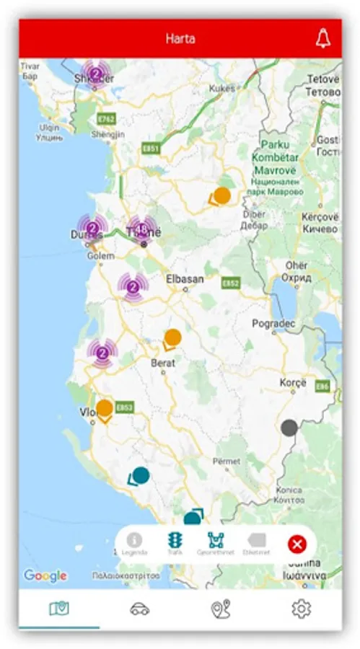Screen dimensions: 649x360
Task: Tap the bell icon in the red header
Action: [322, 39]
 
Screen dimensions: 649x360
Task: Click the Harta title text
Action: [180, 39]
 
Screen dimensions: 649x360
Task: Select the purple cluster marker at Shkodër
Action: [95, 74]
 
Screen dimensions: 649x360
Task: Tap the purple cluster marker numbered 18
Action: [142, 229]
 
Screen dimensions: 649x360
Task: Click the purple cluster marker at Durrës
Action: [93, 229]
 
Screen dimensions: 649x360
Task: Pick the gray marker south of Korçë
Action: [289, 428]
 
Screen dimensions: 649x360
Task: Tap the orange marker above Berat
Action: [172, 337]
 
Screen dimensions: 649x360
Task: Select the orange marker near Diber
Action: [222, 195]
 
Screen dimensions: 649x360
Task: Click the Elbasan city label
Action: [185, 279]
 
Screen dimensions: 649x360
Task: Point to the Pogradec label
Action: [273, 324]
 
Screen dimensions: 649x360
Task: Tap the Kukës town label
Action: [222, 88]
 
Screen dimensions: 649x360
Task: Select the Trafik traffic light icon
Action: [175, 540]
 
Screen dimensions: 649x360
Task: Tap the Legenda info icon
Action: [134, 540]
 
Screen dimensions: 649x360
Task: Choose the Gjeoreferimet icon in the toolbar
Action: [216, 540]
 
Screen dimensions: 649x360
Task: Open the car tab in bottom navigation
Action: [140, 609]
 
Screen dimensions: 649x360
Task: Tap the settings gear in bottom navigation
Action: [301, 609]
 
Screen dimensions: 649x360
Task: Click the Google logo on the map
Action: [45, 575]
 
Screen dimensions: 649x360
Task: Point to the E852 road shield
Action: [230, 283]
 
